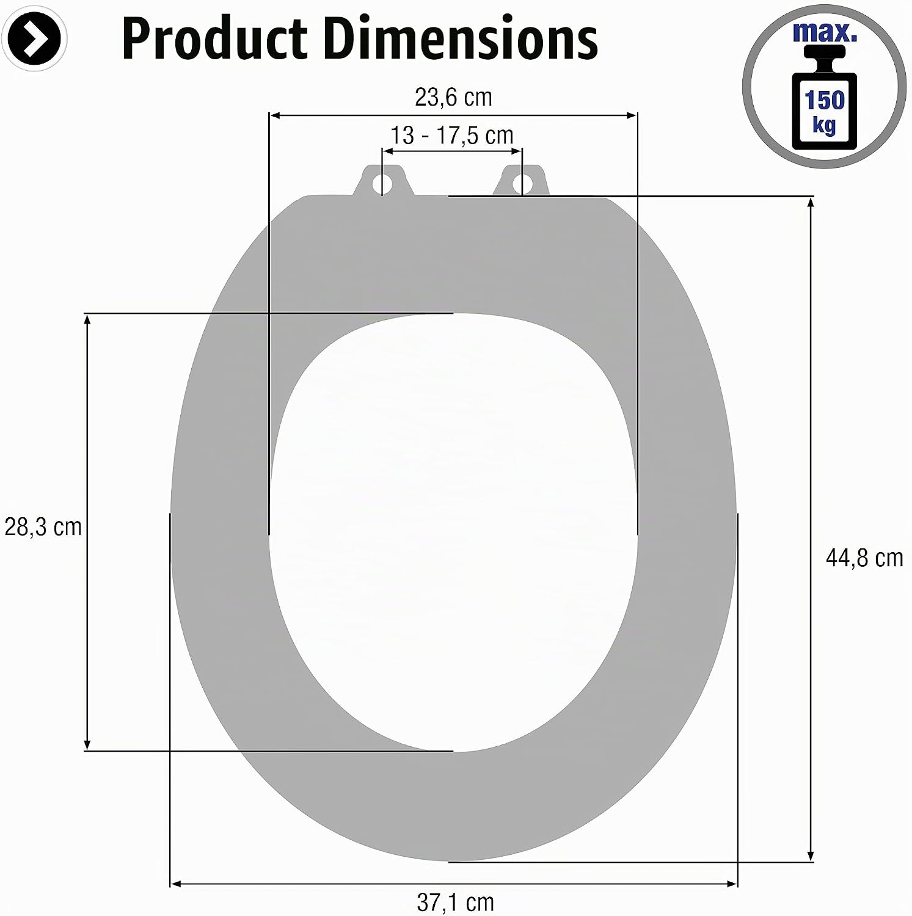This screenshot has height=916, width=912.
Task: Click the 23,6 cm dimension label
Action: coord(453,97)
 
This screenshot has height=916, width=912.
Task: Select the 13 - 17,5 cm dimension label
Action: coord(452,135)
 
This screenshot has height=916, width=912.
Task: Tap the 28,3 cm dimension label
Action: coord(43,526)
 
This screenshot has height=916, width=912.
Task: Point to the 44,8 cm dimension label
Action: coord(864,558)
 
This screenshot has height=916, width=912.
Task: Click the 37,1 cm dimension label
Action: coord(455,902)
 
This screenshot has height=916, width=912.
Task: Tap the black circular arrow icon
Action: coord(34,39)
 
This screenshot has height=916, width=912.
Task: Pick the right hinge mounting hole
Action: coord(520,182)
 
